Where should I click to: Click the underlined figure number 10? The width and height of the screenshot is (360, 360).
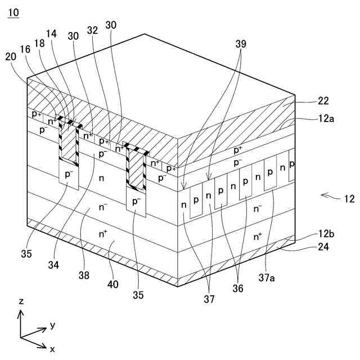(13, 12)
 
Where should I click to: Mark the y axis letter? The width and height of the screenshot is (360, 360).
(52, 325)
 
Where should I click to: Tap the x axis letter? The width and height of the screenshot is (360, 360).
(52, 349)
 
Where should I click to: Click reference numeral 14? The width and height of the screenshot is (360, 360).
(52, 34)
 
